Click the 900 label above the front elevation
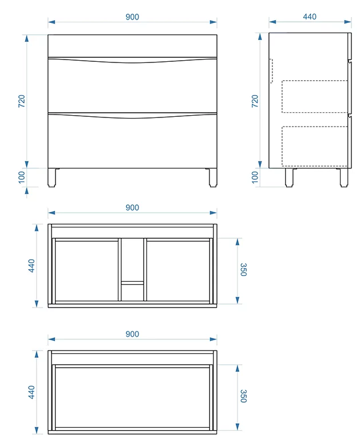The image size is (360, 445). click(x=132, y=17)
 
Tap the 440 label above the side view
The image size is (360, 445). click(x=310, y=17)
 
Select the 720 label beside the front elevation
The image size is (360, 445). click(x=22, y=101)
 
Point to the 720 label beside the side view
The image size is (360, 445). click(x=255, y=101)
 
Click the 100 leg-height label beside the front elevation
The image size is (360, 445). click(x=22, y=178)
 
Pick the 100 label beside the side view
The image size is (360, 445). click(x=255, y=178)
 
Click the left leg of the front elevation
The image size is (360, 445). click(x=52, y=178)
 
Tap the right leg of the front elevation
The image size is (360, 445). click(x=213, y=178)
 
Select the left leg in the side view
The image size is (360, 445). click(x=290, y=178)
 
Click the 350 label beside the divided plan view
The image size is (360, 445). click(x=243, y=270)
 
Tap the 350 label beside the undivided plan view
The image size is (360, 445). click(x=243, y=396)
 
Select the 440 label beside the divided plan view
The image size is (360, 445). click(x=31, y=266)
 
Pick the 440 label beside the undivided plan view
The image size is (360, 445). click(x=31, y=392)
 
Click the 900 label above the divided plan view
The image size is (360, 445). click(x=132, y=208)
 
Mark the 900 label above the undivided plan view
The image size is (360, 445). click(x=132, y=334)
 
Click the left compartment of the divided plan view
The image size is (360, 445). click(x=86, y=271)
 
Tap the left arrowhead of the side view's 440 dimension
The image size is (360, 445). click(x=272, y=22)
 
